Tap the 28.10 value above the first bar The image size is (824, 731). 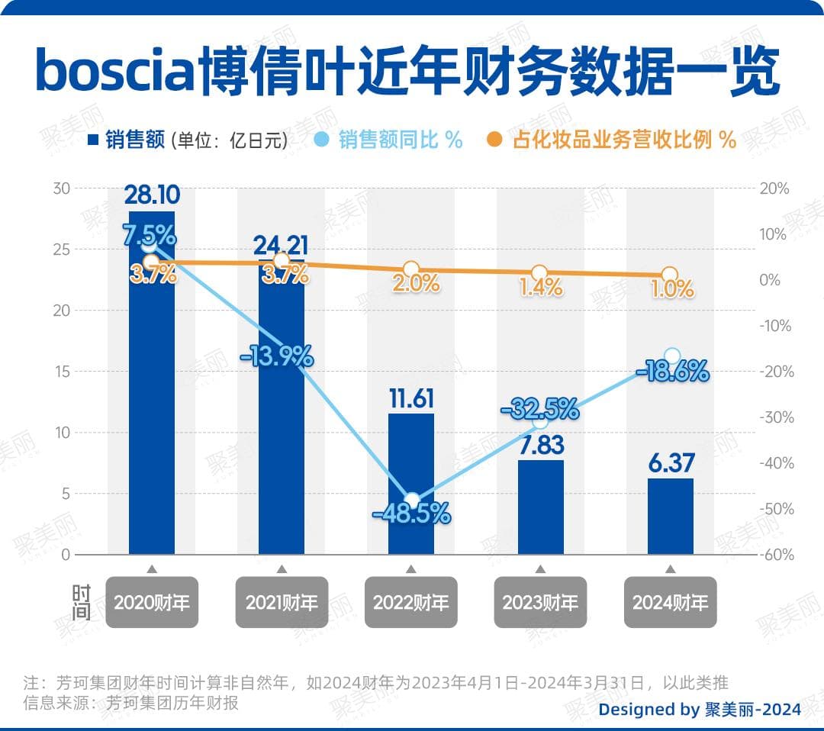pyautogui.click(x=152, y=196)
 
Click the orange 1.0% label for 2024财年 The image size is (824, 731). pyautogui.click(x=672, y=289)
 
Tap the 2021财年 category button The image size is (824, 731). pyautogui.click(x=282, y=603)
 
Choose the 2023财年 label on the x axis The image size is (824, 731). pyautogui.click(x=540, y=603)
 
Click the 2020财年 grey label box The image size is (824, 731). pyautogui.click(x=152, y=603)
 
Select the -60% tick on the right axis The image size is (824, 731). pyautogui.click(x=776, y=555)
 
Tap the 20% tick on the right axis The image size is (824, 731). pyautogui.click(x=774, y=188)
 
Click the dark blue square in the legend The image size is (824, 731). pyautogui.click(x=94, y=140)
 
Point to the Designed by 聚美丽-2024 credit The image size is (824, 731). pyautogui.click(x=699, y=709)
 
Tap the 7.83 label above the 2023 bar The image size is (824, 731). pyautogui.click(x=541, y=444)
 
